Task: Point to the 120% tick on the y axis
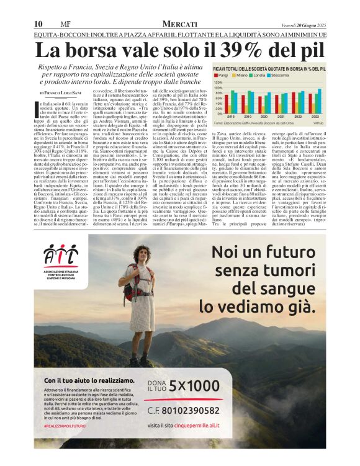218,82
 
